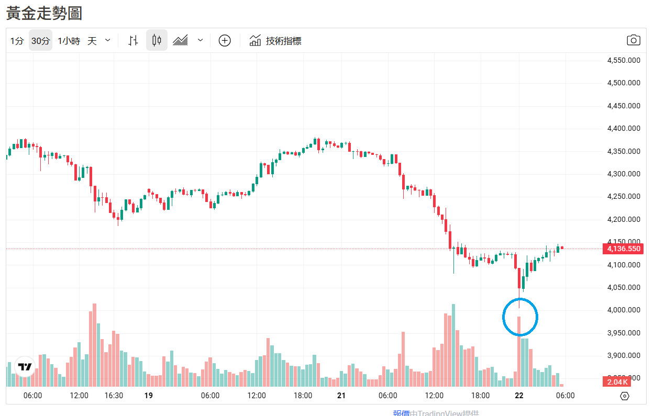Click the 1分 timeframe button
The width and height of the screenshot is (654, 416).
pos(17,41)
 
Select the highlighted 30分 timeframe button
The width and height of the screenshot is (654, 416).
pos(40,41)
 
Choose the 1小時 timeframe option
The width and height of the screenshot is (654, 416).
pos(69,41)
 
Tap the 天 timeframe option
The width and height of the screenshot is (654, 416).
pos(92,41)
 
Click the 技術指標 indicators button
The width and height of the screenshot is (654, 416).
pos(275,41)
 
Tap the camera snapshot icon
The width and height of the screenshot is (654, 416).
pos(634,40)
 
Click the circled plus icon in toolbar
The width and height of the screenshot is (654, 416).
pos(225,40)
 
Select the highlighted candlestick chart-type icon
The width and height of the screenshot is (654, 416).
pos(157,40)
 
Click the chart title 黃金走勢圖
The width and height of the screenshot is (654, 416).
pos(44,13)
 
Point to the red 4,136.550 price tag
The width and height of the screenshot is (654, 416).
pos(623,249)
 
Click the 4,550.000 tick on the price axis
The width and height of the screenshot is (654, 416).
pos(623,60)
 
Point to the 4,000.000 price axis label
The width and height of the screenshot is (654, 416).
pos(623,310)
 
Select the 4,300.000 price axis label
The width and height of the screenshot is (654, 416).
pos(623,174)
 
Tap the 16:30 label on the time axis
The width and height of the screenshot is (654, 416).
pos(114,396)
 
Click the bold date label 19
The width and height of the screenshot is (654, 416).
pos(149,396)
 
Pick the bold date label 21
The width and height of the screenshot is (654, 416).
pos(341,396)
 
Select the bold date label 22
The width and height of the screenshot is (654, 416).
pos(519,396)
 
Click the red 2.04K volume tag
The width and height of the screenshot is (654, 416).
pos(617,381)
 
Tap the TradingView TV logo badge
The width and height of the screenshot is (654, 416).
pos(25,367)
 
